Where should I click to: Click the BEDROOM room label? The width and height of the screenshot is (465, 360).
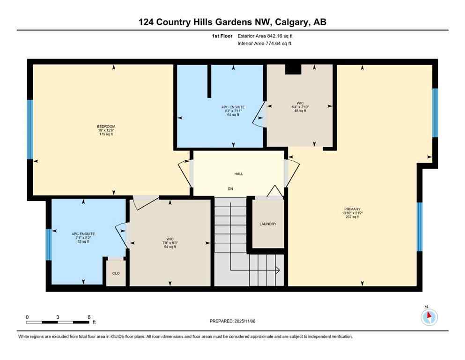tap(106, 126)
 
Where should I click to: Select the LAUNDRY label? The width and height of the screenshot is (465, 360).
tap(268, 224)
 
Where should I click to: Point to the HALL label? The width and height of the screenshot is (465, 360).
tap(239, 174)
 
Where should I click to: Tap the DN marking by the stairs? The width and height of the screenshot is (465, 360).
tap(230, 189)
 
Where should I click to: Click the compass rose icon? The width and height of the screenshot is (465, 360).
tap(429, 317)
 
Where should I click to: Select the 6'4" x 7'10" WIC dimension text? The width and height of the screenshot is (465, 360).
tap(300, 106)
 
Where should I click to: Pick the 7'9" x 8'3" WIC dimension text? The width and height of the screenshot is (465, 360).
tap(170, 243)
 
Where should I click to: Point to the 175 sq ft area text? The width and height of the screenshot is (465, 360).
tap(106, 134)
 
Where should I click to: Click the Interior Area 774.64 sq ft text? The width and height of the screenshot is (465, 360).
tap(265, 44)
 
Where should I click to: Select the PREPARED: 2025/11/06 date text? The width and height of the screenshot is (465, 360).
tap(233, 321)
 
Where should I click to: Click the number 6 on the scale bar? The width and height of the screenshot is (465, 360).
tap(89, 317)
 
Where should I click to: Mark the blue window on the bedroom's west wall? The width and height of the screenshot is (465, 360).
tap(30, 129)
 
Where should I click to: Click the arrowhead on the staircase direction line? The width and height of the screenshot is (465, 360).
tap(278, 270)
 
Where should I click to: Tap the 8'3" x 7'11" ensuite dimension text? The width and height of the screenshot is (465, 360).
tap(233, 111)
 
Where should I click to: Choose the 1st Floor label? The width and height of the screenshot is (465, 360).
tap(222, 36)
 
